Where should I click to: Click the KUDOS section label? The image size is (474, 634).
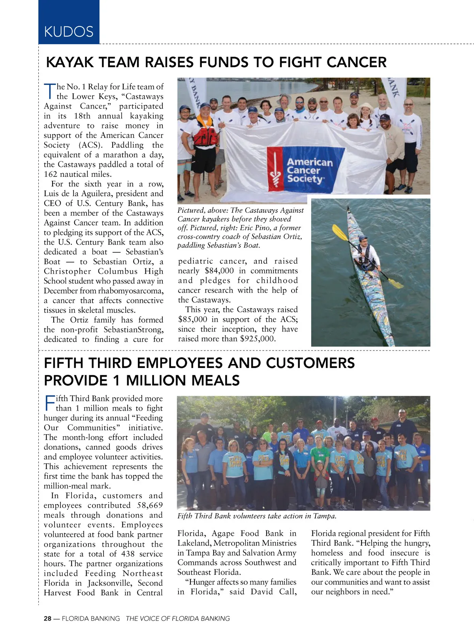point(69,32)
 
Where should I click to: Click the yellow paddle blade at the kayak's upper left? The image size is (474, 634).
point(339,232)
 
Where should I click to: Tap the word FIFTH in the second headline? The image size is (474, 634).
point(64,363)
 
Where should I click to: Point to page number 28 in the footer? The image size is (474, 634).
point(47,619)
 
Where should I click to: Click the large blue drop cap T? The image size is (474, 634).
point(49,91)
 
